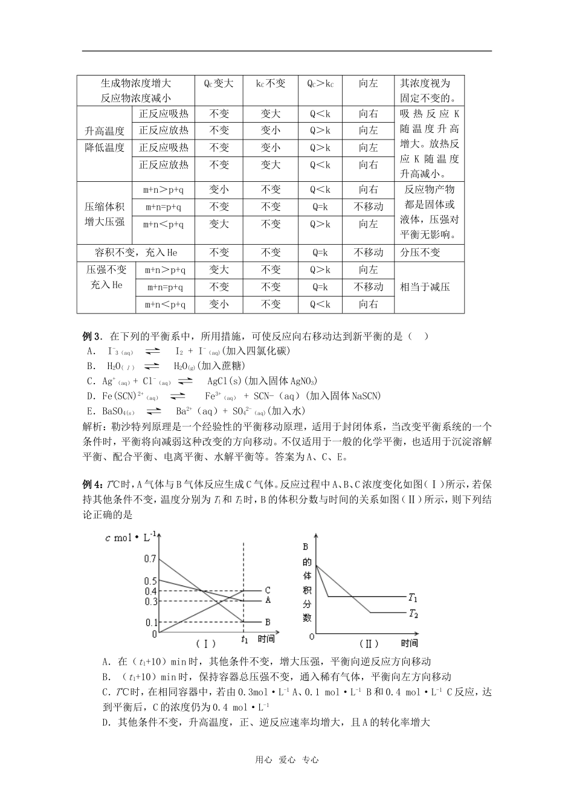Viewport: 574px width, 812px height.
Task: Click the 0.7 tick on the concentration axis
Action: pos(150,559)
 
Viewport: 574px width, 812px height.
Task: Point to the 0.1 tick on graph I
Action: pos(150,622)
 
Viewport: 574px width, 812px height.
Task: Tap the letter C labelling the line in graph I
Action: pos(267,590)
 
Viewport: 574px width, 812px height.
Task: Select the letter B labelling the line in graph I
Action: pos(267,622)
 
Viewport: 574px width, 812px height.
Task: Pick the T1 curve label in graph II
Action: pos(413,598)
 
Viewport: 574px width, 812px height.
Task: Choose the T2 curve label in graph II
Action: pos(413,614)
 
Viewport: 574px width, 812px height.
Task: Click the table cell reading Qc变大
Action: pos(218,83)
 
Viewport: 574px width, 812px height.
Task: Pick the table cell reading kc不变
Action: pos(270,83)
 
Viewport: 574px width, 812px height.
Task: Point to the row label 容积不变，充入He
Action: pos(136,252)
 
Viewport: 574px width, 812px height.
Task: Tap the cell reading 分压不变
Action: pos(420,252)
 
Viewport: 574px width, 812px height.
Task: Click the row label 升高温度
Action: pos(105,130)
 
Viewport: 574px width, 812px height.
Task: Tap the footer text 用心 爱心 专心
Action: pos(286,760)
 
